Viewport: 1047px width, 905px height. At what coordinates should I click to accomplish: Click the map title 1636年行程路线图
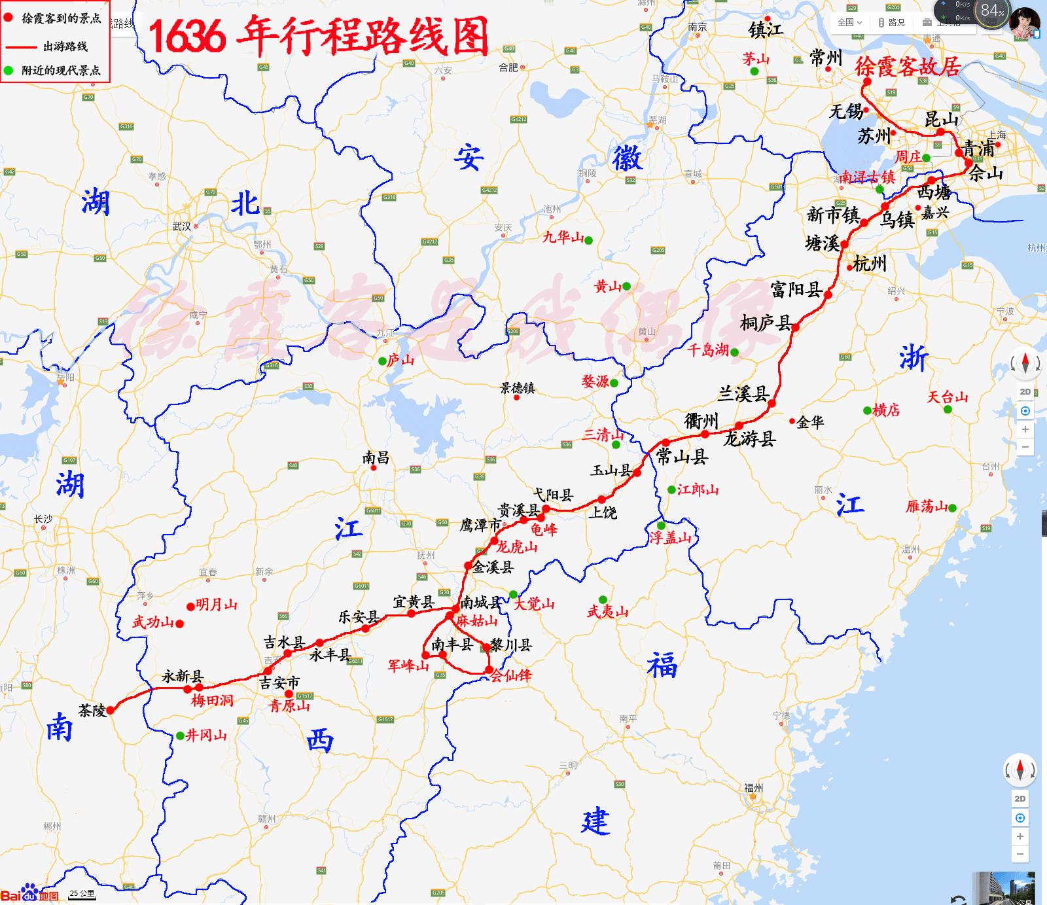point(319,36)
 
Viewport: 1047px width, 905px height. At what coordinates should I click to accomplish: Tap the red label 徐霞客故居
point(907,66)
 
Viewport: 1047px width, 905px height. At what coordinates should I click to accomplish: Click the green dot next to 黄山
point(626,286)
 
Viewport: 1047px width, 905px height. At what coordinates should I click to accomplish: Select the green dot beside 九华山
point(589,240)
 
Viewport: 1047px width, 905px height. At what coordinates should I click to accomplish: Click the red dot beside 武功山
point(180,623)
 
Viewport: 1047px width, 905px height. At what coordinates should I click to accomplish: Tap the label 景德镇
point(517,387)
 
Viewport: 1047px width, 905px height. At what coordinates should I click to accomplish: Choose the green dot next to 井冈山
point(180,736)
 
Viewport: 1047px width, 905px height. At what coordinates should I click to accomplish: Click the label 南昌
point(376,457)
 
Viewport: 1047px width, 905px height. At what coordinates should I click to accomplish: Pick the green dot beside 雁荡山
point(952,508)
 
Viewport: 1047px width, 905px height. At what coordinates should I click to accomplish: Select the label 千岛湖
point(707,350)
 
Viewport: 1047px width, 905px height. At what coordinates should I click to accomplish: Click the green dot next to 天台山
point(948,409)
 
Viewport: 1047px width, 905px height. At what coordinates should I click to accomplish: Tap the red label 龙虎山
point(516,547)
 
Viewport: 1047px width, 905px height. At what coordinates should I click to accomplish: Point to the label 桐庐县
point(765,323)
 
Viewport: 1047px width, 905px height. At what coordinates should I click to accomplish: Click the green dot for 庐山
point(382,361)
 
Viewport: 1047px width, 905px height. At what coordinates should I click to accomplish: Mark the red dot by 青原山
point(289,694)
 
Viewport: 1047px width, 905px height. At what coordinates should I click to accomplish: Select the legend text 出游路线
point(65,46)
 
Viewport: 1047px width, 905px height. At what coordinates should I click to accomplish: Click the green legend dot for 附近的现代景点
point(9,70)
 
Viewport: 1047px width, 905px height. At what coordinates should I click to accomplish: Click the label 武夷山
point(607,612)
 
